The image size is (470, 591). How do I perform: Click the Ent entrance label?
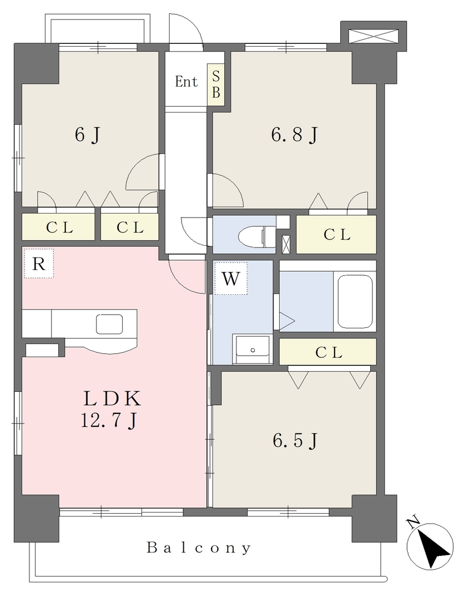[186, 81]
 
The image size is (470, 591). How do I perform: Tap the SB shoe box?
[216, 85]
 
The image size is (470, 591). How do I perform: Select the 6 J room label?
[88, 134]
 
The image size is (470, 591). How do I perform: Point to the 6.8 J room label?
[295, 134]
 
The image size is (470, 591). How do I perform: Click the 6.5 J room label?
[295, 440]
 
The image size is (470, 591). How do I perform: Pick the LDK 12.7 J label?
[111, 409]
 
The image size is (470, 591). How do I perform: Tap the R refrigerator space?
[39, 263]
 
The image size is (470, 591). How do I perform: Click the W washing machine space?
[231, 279]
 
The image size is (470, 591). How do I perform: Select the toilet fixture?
[258, 236]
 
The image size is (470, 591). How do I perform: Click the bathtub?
[355, 301]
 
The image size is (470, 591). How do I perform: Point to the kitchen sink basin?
[110, 324]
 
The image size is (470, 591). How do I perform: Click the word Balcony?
[199, 548]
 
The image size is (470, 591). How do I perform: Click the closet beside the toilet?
[336, 234]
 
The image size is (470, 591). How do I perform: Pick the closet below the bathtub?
[328, 351]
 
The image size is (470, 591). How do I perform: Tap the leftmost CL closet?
[58, 227]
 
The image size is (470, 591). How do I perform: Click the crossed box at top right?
[373, 36]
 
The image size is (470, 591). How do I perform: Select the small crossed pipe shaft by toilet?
[286, 244]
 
